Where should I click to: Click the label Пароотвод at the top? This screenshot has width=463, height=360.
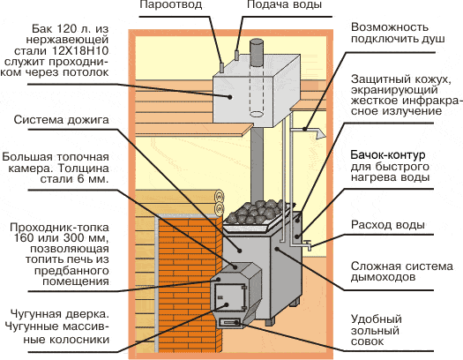[171, 5]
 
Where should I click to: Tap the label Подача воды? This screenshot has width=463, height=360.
[284, 5]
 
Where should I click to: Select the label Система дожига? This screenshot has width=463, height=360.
[62, 120]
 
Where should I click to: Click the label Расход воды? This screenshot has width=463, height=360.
[388, 225]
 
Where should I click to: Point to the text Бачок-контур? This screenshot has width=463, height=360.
[388, 154]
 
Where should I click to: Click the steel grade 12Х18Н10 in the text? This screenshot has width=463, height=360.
[80, 51]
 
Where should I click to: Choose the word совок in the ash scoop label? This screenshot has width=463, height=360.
[367, 341]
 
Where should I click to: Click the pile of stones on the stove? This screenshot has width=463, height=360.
[254, 212]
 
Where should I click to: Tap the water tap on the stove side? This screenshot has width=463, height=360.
[307, 244]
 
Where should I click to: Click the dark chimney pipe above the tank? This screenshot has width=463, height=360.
[257, 52]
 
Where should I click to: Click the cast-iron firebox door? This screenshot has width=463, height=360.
[229, 298]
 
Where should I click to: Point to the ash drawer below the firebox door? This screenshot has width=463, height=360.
[229, 322]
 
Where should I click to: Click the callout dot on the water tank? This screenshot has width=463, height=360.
[229, 97]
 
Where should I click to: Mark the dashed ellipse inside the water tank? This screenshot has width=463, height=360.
[257, 114]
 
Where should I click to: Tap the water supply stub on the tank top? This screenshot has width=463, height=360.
[236, 55]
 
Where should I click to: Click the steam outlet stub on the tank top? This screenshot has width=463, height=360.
[221, 67]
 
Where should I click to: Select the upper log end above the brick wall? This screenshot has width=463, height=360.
[220, 196]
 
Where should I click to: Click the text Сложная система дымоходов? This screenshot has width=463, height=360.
[401, 272]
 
